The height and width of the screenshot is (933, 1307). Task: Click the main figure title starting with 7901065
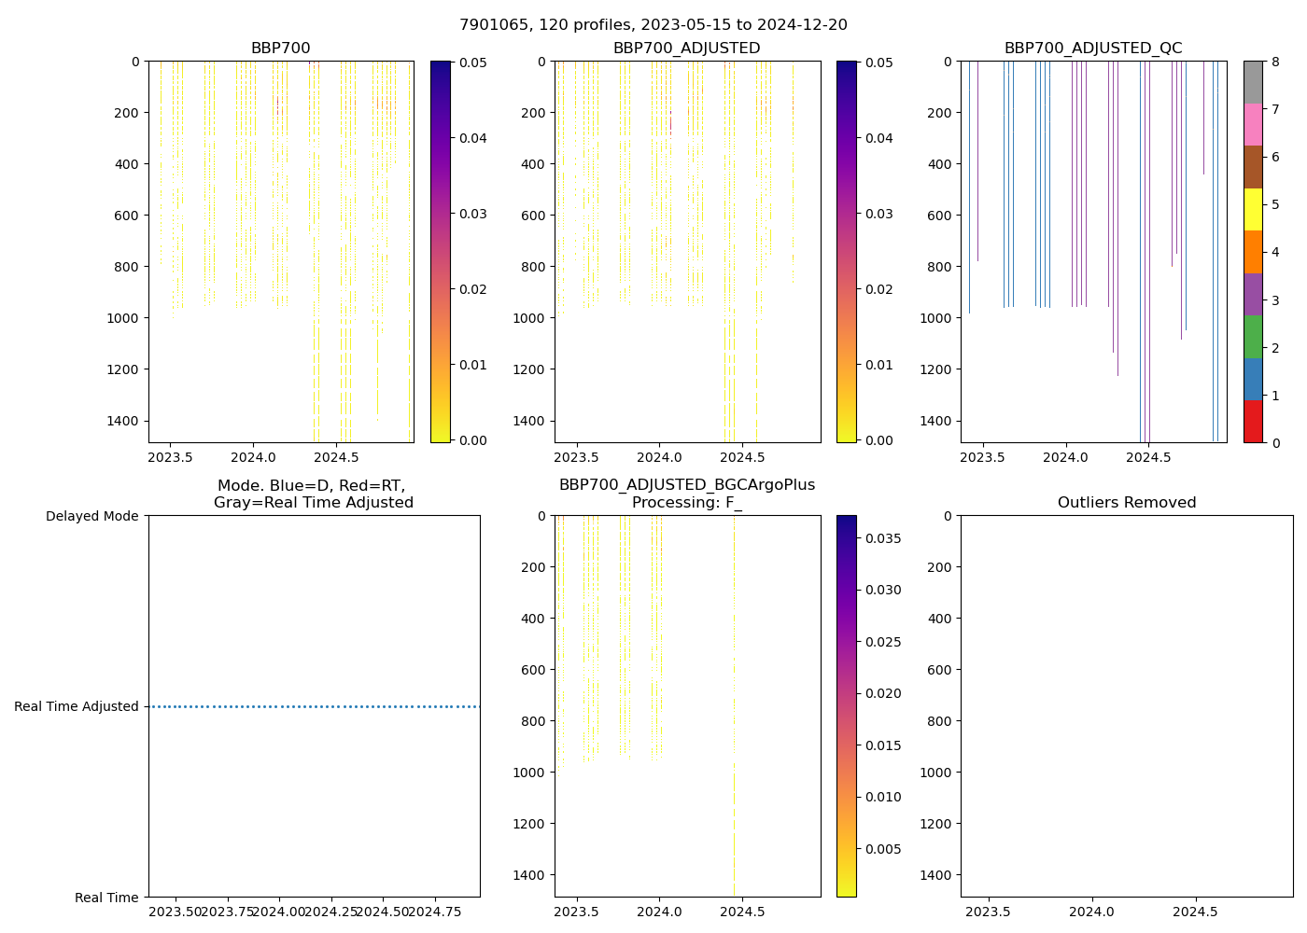653,25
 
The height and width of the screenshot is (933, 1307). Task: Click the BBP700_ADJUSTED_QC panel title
1093,49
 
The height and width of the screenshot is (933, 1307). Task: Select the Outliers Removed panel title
1127,503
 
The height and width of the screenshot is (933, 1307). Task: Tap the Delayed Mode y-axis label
91,516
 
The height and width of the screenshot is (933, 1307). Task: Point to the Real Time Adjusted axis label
77,706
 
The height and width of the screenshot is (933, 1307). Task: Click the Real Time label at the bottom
106,898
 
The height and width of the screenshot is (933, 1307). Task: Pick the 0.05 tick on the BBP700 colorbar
471,63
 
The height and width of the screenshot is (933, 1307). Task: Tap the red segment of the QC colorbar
1253,421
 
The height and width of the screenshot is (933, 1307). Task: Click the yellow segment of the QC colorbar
1253,209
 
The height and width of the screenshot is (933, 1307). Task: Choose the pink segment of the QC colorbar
1253,124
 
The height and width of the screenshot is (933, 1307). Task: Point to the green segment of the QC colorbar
1253,336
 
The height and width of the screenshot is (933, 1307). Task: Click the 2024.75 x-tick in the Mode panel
435,911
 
